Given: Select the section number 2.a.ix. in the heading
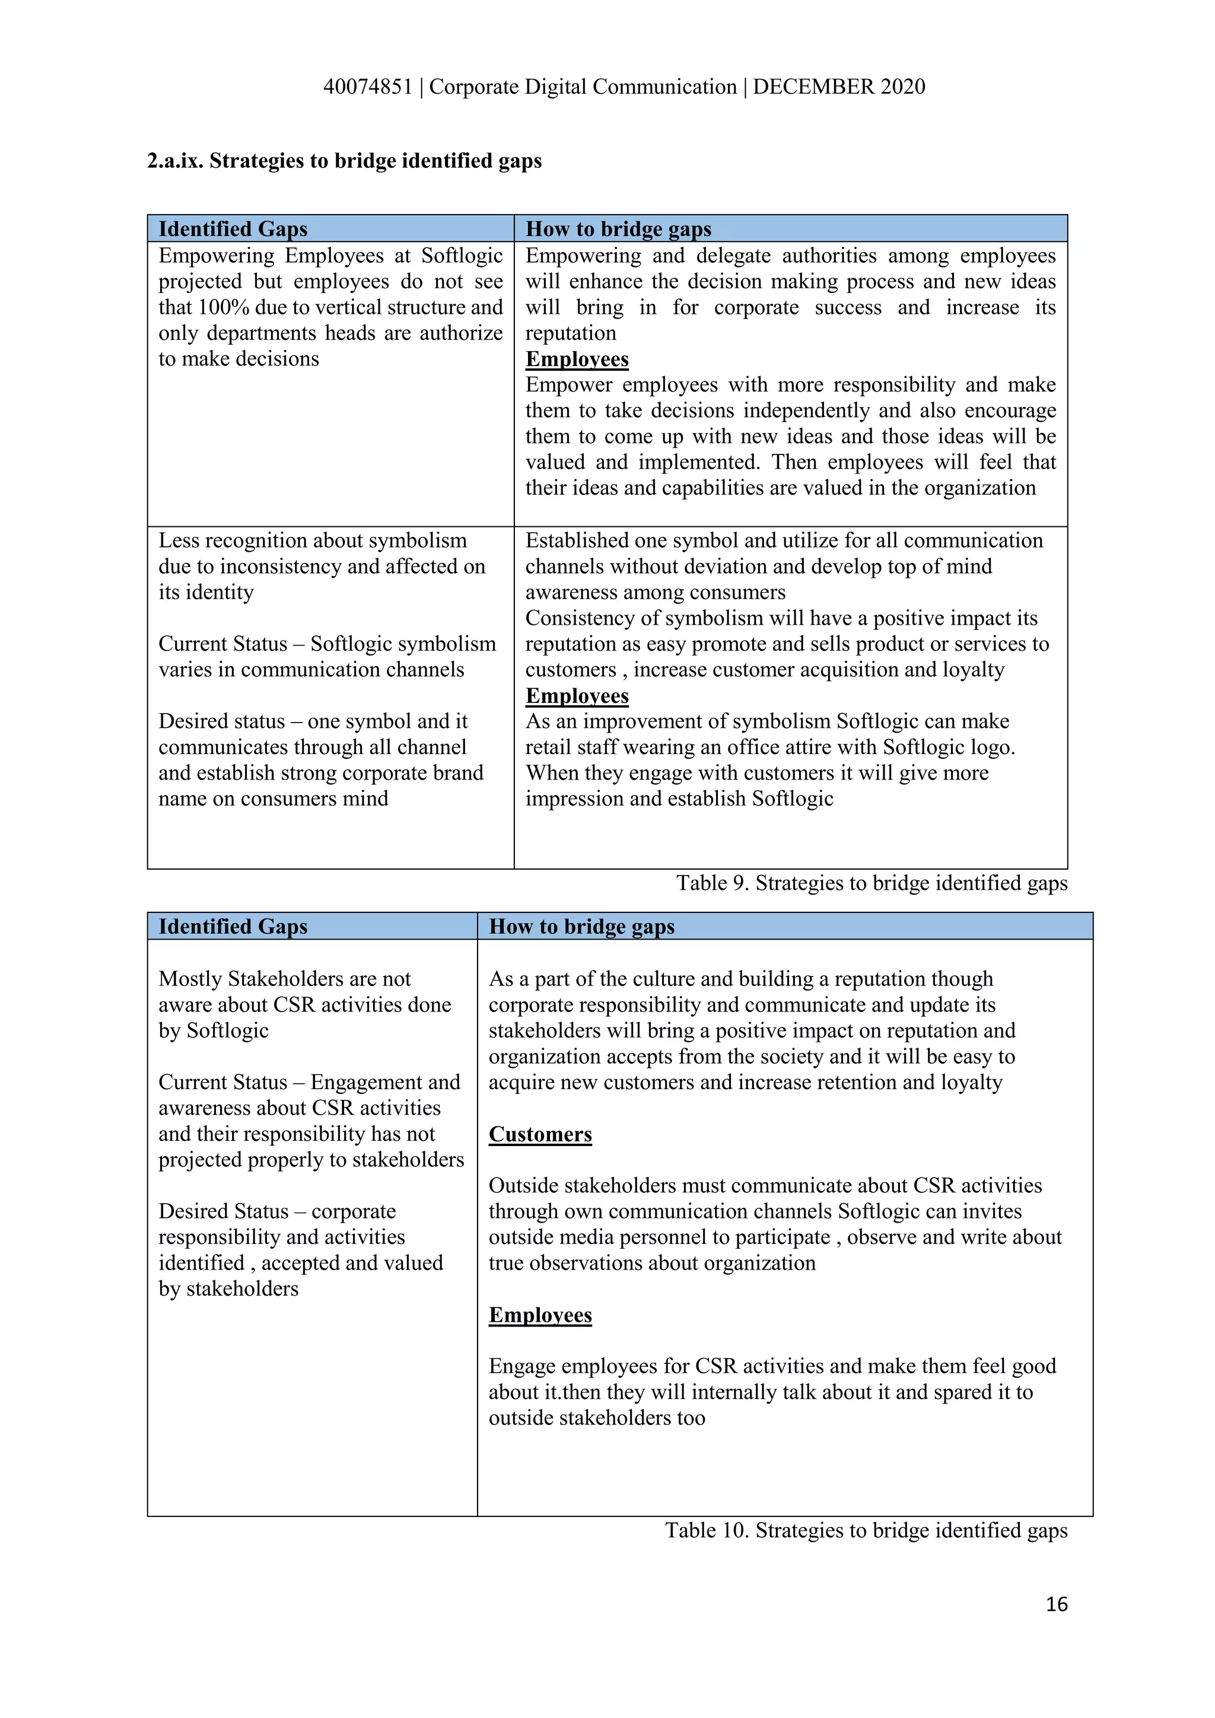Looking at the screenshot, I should [x=175, y=161].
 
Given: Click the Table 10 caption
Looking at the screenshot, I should [x=866, y=1530].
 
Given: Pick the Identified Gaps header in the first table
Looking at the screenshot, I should [x=233, y=228].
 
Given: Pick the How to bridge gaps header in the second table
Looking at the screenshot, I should [x=581, y=927].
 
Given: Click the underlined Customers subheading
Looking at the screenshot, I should [x=540, y=1134].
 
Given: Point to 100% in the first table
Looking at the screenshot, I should [x=223, y=307].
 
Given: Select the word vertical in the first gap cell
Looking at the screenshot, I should [x=344, y=307].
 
